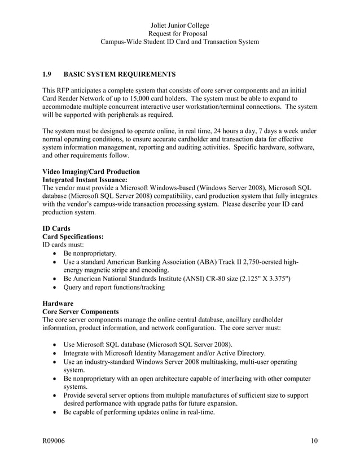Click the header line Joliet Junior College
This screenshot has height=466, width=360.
(180, 25)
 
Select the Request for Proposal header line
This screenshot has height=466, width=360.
(180, 34)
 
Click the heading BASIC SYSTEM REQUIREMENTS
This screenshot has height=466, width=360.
(120, 74)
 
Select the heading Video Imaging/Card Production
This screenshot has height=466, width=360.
(91, 172)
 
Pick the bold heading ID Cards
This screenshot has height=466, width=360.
(56, 229)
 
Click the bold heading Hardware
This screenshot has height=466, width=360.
(58, 303)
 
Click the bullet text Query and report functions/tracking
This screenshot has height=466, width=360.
(114, 287)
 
